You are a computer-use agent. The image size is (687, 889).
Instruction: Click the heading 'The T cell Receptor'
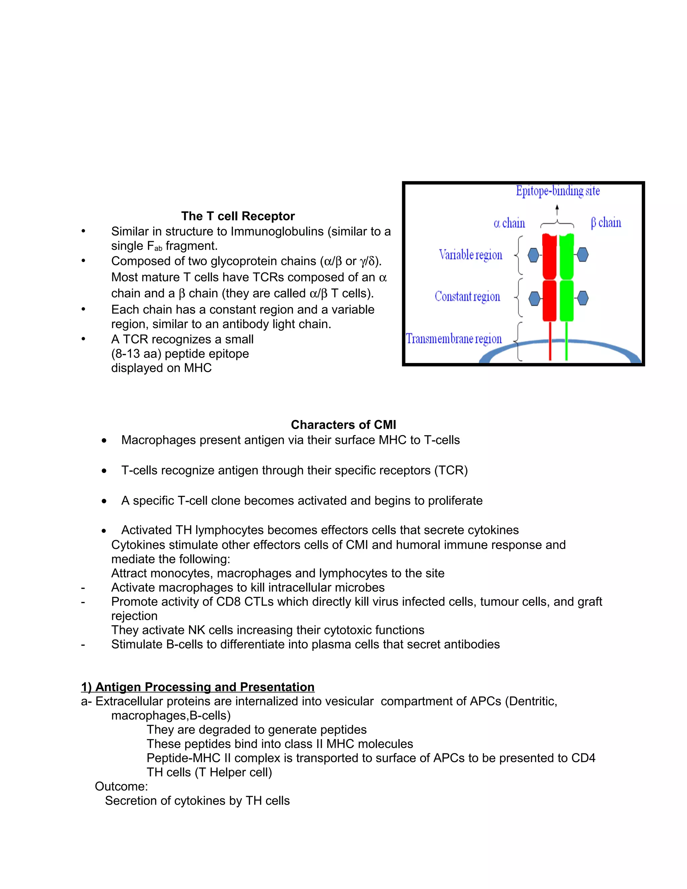click(x=238, y=216)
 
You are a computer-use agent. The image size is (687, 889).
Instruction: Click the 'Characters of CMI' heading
click(x=343, y=425)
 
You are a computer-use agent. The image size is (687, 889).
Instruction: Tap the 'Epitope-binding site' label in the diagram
click(x=558, y=191)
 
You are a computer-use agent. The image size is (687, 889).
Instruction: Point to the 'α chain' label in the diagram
click(x=509, y=223)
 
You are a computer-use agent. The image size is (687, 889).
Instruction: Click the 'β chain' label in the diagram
click(x=606, y=223)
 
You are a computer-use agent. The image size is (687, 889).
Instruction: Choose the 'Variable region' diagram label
click(x=471, y=255)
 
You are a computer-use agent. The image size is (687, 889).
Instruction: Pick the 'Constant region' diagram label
click(x=467, y=296)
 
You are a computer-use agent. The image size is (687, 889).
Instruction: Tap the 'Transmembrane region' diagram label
click(x=454, y=339)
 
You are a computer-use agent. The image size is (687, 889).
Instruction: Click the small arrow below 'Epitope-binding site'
click(x=557, y=210)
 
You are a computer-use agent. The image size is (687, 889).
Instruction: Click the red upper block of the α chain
click(x=549, y=256)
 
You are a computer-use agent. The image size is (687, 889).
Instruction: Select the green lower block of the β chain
click(x=567, y=300)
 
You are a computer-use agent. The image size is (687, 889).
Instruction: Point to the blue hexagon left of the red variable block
click(x=534, y=255)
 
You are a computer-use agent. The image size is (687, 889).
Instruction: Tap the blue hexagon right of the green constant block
click(x=583, y=298)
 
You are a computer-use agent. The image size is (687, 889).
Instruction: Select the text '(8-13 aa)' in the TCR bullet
click(x=136, y=354)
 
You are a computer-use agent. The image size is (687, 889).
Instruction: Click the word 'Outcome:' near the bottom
click(x=121, y=786)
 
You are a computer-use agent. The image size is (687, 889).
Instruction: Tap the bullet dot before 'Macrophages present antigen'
click(x=104, y=441)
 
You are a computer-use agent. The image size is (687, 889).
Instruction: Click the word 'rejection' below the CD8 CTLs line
click(x=134, y=616)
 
